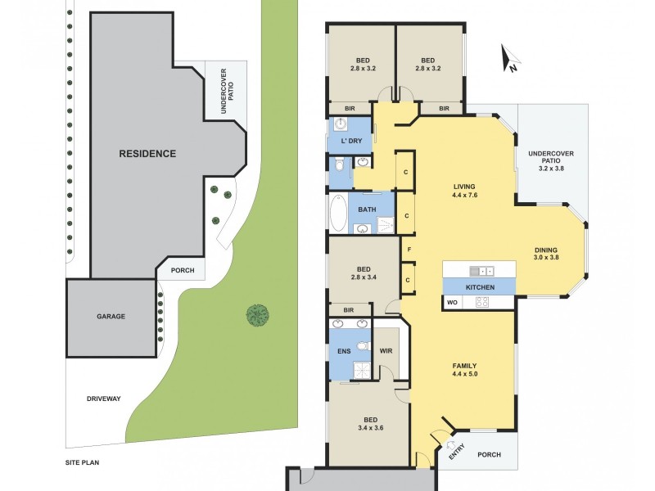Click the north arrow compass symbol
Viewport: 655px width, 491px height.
click(511, 59)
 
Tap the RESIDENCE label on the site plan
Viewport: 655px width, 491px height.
click(147, 153)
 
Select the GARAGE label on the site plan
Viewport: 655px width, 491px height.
click(111, 316)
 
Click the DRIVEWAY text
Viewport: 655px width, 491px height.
click(104, 399)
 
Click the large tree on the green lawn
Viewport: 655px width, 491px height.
click(258, 314)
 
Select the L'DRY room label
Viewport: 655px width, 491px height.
click(351, 142)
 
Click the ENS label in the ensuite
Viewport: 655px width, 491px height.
click(344, 352)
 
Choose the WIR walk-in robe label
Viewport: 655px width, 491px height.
click(386, 352)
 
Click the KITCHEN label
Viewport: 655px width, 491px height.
click(479, 287)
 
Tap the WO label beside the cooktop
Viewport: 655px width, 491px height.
click(451, 303)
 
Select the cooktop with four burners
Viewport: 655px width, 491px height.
click(482, 303)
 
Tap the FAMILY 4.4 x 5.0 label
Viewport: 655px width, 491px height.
click(464, 370)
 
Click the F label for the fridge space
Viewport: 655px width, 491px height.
click(408, 249)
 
